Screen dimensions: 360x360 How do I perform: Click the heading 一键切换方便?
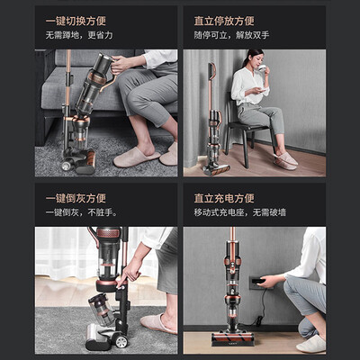[76, 21]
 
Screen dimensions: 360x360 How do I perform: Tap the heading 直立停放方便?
[224, 21]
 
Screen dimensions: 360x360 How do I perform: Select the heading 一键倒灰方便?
[76, 198]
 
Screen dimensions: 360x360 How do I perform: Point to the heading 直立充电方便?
[224, 198]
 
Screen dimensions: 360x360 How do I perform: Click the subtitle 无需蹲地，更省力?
[79, 35]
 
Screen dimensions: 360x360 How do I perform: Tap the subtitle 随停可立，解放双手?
[231, 35]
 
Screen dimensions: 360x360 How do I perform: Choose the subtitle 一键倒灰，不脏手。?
[82, 212]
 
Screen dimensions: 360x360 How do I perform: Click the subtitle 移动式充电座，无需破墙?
[240, 212]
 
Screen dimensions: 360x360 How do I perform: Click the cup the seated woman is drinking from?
[262, 67]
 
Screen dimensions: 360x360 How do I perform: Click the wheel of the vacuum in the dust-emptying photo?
[121, 341]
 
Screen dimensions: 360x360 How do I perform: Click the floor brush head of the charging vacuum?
[233, 338]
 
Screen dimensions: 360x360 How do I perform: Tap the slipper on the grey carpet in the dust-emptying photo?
[158, 323]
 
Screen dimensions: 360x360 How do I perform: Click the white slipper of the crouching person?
[310, 344]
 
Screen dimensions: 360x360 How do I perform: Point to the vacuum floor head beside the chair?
[216, 169]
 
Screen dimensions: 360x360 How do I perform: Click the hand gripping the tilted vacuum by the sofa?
[121, 64]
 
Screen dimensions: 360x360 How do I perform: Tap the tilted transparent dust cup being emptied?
[102, 309]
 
